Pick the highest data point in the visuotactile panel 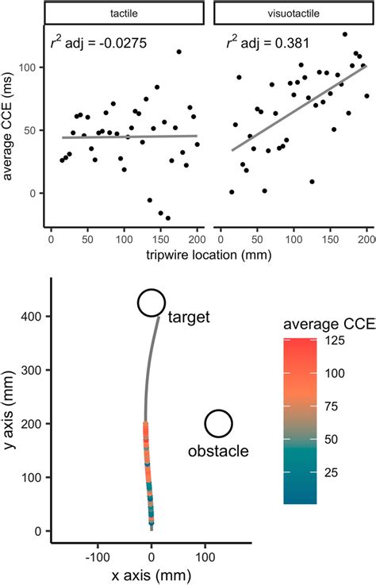[x=344, y=34]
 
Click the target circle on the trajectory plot [x=151, y=302]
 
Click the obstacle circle [x=218, y=424]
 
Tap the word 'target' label [x=189, y=318]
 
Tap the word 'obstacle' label [x=218, y=452]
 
